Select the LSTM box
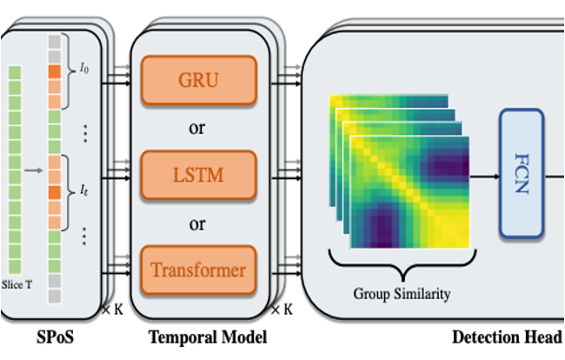pos(197,177)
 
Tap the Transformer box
pos(197,270)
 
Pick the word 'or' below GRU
pos(197,130)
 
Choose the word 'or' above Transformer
pos(197,223)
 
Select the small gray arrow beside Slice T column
pos(35,170)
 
